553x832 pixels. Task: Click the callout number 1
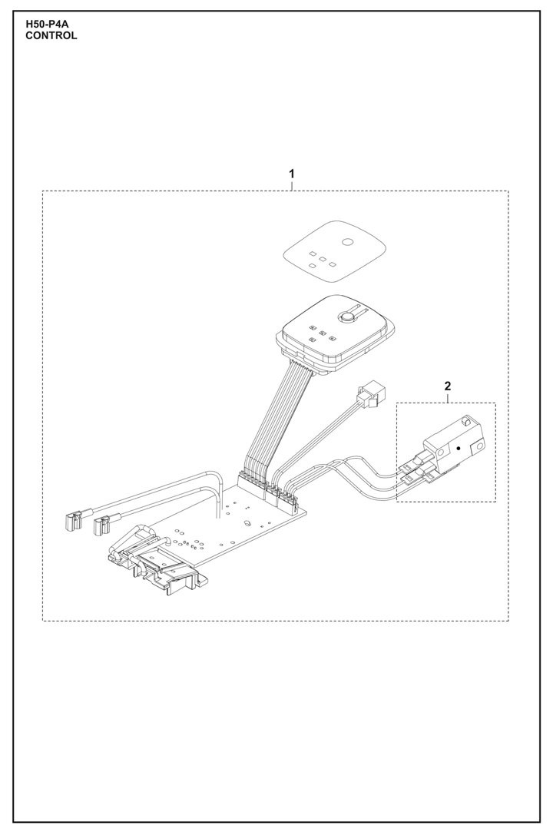click(291, 174)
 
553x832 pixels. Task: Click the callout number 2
click(447, 386)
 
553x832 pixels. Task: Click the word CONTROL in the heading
click(51, 35)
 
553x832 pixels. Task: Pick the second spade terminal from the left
click(100, 526)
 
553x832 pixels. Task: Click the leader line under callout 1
click(291, 185)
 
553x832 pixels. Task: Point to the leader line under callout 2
click(447, 398)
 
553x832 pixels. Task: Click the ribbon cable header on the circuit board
click(252, 483)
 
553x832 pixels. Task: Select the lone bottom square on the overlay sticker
click(312, 266)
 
